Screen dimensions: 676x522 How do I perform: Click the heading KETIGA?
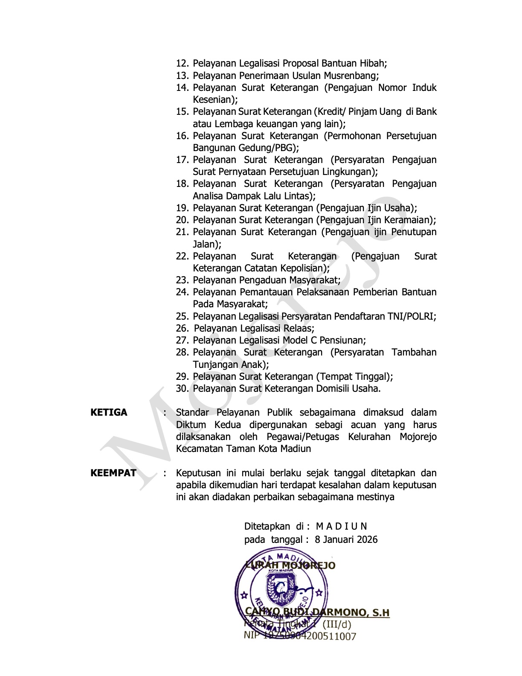109,413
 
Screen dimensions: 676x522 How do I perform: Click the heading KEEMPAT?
113,473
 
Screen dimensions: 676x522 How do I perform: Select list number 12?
182,64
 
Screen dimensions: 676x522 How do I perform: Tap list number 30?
182,389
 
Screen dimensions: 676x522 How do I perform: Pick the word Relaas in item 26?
299,329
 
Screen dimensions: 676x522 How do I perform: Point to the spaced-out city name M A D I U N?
342,526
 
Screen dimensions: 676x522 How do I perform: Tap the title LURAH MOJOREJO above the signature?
291,566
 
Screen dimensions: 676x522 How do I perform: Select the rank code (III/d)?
336,624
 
